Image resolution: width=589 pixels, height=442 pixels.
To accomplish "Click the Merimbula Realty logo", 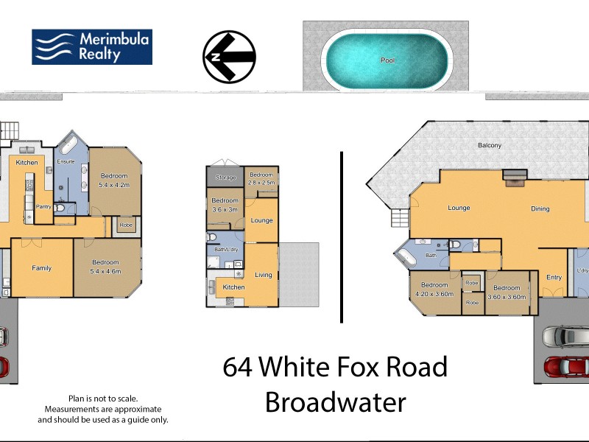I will pyautogui.click(x=91, y=46).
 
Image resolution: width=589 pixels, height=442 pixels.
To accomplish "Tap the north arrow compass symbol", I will pyautogui.click(x=229, y=57).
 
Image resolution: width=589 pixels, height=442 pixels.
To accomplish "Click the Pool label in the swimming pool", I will pyautogui.click(x=387, y=60).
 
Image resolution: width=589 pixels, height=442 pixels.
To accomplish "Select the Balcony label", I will pyautogui.click(x=489, y=145).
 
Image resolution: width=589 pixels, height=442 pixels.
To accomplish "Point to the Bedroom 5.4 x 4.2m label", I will pyautogui.click(x=114, y=180).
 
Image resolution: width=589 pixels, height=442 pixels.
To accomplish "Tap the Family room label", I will pyautogui.click(x=42, y=268).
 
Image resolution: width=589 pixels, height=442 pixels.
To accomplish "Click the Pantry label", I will pyautogui.click(x=44, y=207).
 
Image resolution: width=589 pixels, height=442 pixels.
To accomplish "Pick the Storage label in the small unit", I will pyautogui.click(x=225, y=178).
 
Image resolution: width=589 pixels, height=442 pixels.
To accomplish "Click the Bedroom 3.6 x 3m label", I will pyautogui.click(x=225, y=205).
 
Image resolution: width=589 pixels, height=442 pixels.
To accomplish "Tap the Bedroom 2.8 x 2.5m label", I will pyautogui.click(x=261, y=178).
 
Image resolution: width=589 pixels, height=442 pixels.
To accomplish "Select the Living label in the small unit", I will pyautogui.click(x=263, y=275).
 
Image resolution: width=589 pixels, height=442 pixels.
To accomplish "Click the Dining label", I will pyautogui.click(x=540, y=208).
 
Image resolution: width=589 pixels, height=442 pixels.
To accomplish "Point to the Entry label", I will pyautogui.click(x=554, y=277).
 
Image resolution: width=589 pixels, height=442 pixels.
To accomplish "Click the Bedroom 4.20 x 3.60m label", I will pyautogui.click(x=434, y=290).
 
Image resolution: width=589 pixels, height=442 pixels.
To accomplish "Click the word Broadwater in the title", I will pyautogui.click(x=335, y=403).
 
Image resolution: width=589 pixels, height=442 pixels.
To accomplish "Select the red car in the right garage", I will pyautogui.click(x=567, y=366).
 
